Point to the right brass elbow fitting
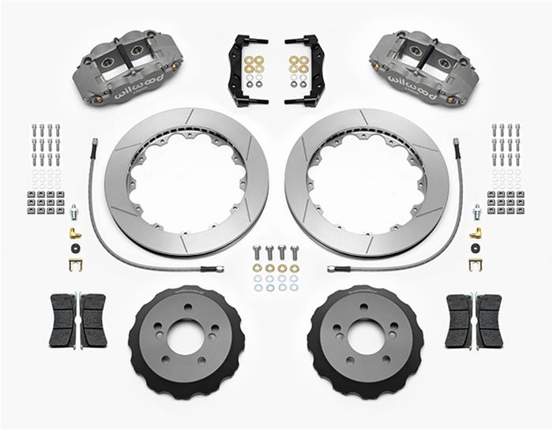click(476, 233)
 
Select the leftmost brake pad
click(61, 320)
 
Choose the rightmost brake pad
click(491, 320)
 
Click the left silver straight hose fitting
click(74, 211)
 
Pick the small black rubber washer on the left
click(74, 249)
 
